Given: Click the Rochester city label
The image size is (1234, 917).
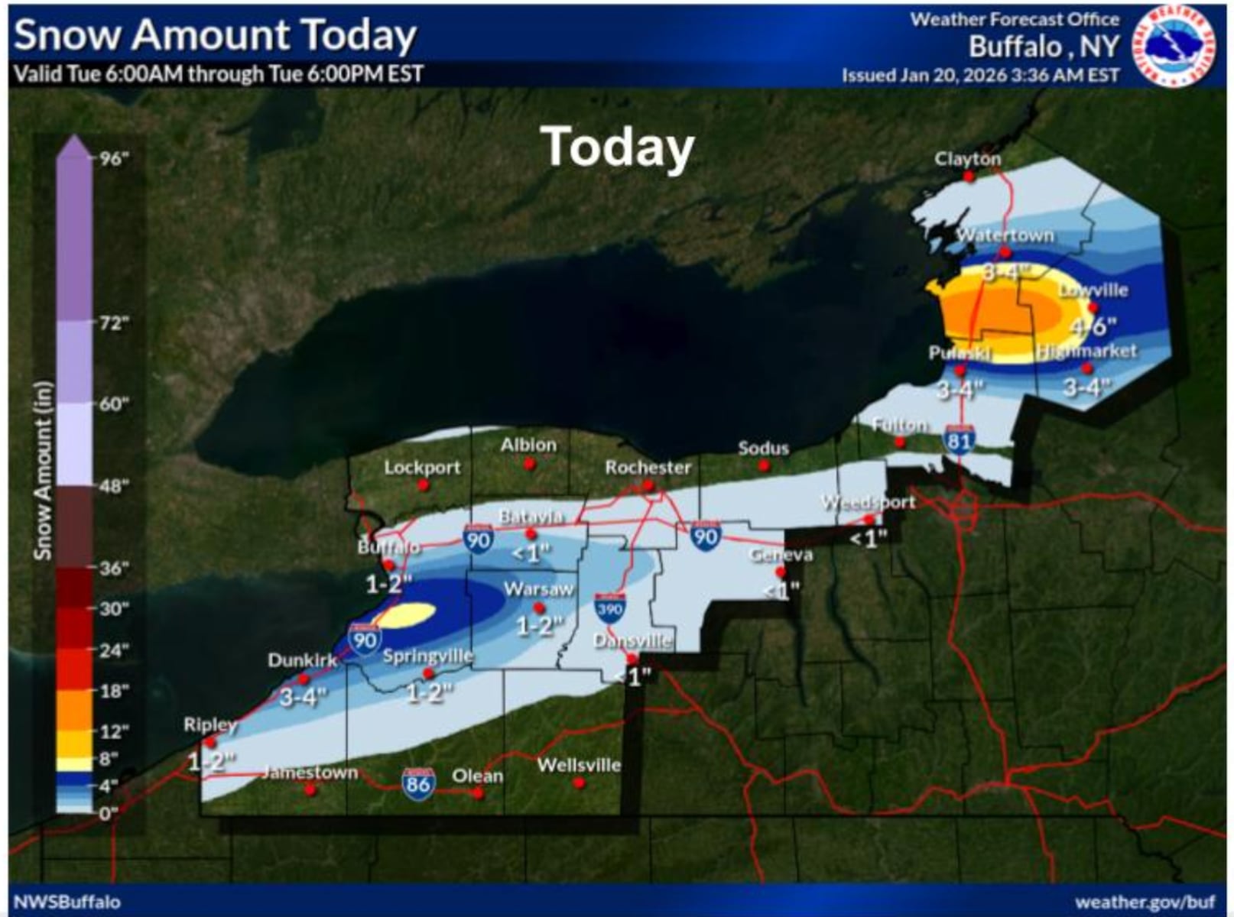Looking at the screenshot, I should pos(648,467).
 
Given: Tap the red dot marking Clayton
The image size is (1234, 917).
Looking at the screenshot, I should pos(969,177).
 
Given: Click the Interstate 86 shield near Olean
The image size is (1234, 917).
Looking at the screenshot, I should pos(418,785).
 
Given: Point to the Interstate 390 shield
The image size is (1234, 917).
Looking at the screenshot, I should pos(609,608).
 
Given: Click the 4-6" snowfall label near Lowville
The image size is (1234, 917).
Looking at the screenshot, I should pos(1093,327).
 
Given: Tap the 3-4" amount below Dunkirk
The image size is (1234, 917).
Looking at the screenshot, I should pos(303,696).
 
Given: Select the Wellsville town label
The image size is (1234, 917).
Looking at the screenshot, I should pos(579,765).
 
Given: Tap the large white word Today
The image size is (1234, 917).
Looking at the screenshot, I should pos(617,147).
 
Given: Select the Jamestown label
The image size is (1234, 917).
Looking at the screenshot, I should pos(310,773).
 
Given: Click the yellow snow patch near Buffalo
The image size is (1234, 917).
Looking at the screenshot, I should pos(406,614).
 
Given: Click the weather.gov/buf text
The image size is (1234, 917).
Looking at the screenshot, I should pos(1145,902).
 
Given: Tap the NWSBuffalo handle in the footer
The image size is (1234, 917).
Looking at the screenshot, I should pos(67,902).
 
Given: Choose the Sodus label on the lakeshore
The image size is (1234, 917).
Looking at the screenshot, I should pos(763,449).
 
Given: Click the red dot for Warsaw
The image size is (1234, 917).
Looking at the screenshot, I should pos(538,608).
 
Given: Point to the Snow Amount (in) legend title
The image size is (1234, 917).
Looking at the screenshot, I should pos(43,470).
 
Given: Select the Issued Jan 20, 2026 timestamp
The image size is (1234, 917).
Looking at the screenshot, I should pos(980,75).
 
